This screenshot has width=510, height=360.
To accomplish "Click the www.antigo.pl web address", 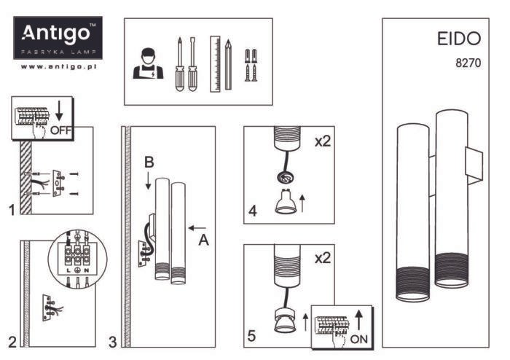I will click(x=59, y=66).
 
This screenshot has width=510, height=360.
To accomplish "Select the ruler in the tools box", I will click(x=215, y=63).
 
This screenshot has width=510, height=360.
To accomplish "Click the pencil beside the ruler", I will click(x=228, y=65).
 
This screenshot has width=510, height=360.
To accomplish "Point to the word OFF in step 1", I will click(x=60, y=130).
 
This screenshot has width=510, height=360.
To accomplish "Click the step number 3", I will click(x=112, y=340).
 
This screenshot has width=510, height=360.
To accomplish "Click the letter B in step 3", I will click(x=148, y=165).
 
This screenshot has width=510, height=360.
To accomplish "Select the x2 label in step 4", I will click(x=321, y=141).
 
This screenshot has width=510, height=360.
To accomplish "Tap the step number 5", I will click(x=251, y=336).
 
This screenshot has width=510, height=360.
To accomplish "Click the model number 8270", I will click(x=467, y=63).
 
